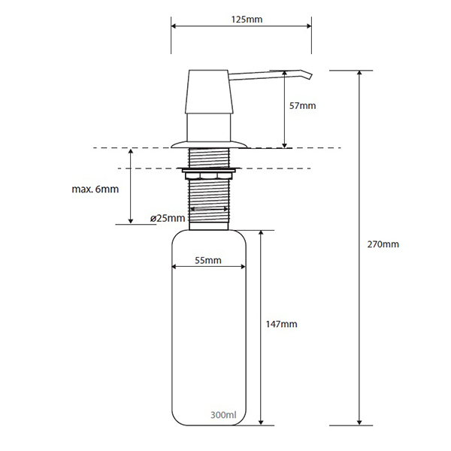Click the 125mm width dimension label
coord(247,20)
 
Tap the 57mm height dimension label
coord(303,106)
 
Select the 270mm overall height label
coord(383,244)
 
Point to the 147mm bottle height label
coord(282,324)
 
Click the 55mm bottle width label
coord(208,260)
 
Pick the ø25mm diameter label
coord(168,218)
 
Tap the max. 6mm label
coord(95,189)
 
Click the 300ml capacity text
coord(223,415)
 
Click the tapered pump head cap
coord(209,91)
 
